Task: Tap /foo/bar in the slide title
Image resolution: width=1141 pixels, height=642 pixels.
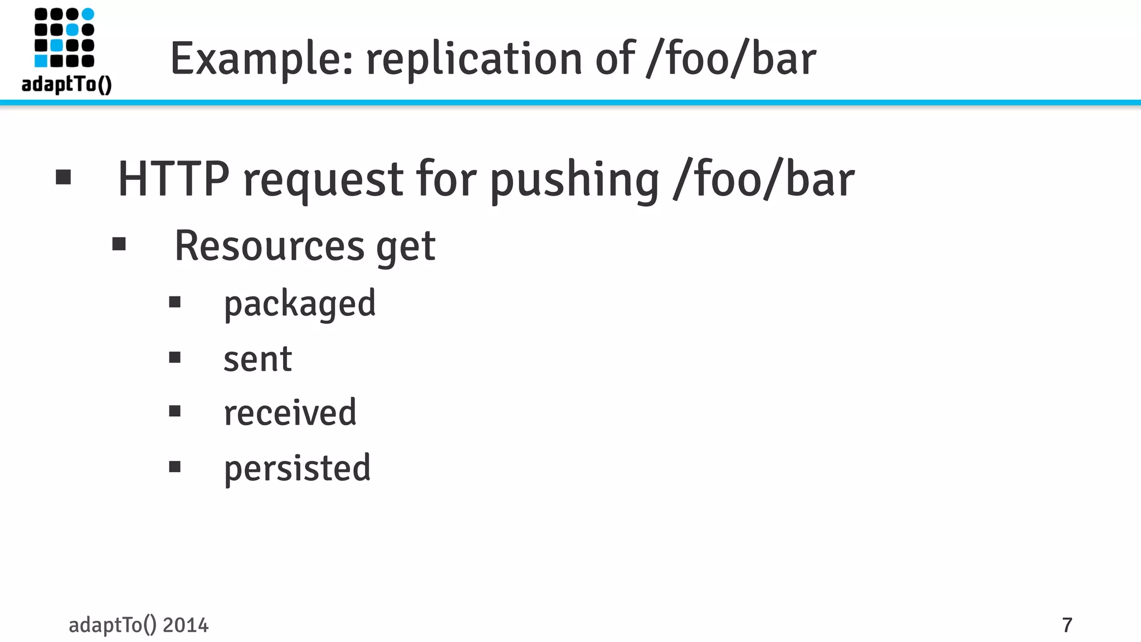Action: (x=731, y=59)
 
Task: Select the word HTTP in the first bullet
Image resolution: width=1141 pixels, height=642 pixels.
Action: (x=173, y=179)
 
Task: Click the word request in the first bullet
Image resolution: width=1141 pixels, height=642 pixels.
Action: (x=323, y=181)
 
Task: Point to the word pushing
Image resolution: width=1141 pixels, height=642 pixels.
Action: (x=574, y=181)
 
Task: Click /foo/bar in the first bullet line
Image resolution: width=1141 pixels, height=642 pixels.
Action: (x=763, y=179)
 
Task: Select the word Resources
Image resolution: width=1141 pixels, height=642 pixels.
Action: (x=269, y=246)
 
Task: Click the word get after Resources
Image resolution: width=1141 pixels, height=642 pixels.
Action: (x=406, y=248)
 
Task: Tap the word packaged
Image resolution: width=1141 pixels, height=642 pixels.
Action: (x=300, y=304)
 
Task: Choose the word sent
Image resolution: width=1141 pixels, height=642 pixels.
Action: (x=257, y=359)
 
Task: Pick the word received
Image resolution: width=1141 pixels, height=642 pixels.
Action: (x=290, y=413)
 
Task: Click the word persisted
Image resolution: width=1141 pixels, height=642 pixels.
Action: (x=297, y=468)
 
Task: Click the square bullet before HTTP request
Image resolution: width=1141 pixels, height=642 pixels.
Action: (x=64, y=177)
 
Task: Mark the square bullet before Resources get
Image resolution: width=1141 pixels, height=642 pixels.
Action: (x=119, y=244)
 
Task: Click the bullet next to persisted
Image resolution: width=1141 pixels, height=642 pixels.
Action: (x=175, y=466)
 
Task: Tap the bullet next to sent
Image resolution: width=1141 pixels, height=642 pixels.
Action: (x=175, y=357)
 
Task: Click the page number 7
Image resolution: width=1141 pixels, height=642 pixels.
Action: (x=1067, y=625)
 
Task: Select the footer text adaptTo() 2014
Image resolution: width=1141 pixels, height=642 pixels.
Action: (x=138, y=625)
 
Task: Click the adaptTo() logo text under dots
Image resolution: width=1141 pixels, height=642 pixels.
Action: (x=67, y=84)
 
